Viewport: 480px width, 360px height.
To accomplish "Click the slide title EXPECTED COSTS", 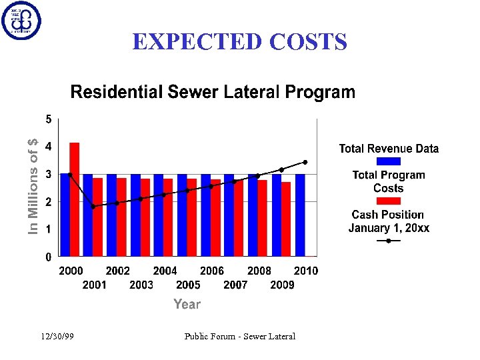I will [239, 42].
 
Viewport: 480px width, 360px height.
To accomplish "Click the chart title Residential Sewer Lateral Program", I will [213, 92].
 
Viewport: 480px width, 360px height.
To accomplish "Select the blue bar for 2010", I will [300, 215].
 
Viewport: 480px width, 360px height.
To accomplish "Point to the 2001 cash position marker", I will [93, 207].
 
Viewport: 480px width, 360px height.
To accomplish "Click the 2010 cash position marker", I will [305, 162].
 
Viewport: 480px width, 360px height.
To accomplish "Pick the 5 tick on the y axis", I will [48, 119].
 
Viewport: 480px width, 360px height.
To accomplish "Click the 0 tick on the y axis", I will [48, 257].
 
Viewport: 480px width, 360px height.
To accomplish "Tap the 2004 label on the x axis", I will [165, 271].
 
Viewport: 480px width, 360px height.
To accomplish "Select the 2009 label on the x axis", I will [282, 285].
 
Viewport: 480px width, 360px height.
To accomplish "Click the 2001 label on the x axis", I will [94, 285].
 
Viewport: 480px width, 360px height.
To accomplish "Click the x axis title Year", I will [187, 304].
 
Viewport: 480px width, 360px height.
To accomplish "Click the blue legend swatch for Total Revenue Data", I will [389, 161].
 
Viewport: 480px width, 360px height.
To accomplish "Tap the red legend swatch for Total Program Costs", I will [389, 201].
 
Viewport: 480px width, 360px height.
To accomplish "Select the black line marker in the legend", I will [389, 241].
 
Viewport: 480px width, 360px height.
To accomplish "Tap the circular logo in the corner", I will [21, 21].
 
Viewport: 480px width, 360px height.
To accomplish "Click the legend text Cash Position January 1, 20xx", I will [389, 221].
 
